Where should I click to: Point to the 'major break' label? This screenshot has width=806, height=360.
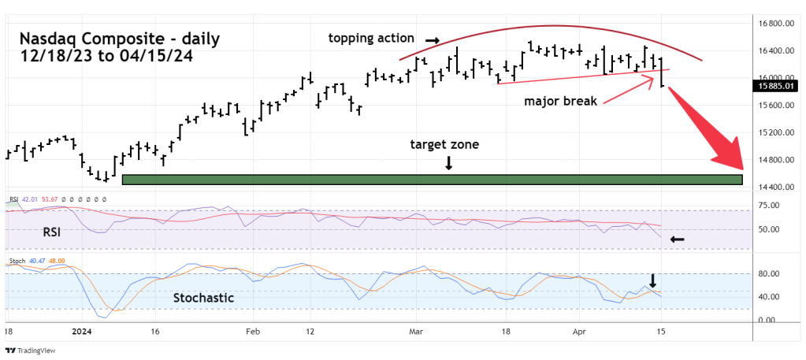tap(561, 101)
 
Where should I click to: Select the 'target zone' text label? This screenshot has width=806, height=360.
tap(444, 145)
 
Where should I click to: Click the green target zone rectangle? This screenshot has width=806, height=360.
tap(432, 180)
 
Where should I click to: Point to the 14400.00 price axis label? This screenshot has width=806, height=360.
tap(776, 187)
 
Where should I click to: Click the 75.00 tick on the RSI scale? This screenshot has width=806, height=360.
tap(768, 206)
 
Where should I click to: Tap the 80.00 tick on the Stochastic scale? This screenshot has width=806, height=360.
tap(768, 274)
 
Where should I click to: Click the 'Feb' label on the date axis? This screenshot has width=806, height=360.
tap(252, 332)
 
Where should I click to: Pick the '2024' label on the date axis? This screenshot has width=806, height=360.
tap(82, 332)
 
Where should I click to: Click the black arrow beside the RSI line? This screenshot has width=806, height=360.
tap(677, 238)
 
